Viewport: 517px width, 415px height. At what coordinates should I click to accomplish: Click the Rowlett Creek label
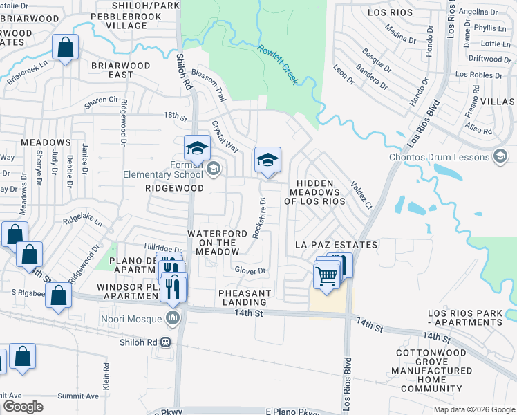click(279, 64)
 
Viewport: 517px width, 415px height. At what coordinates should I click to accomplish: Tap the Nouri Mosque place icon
click(173, 318)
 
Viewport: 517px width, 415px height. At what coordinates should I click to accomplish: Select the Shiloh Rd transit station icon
click(166, 342)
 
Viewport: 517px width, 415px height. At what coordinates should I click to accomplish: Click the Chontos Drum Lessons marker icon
click(500, 157)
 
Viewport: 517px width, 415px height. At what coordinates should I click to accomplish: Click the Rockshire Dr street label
click(259, 218)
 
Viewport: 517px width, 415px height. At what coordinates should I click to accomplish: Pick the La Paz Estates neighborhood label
click(336, 245)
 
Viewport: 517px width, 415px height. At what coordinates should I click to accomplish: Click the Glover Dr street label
click(250, 270)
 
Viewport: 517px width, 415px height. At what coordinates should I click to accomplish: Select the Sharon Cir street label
click(102, 101)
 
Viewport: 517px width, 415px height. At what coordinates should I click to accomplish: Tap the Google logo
click(23, 407)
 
